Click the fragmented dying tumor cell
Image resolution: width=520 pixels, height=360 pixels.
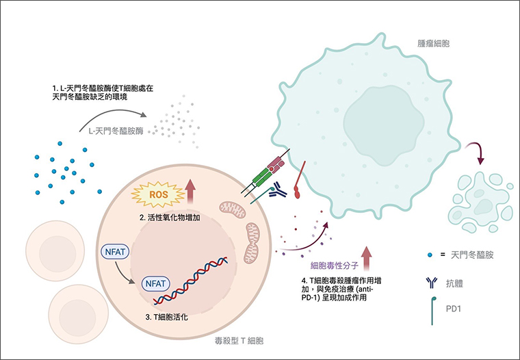(x=480, y=199)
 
